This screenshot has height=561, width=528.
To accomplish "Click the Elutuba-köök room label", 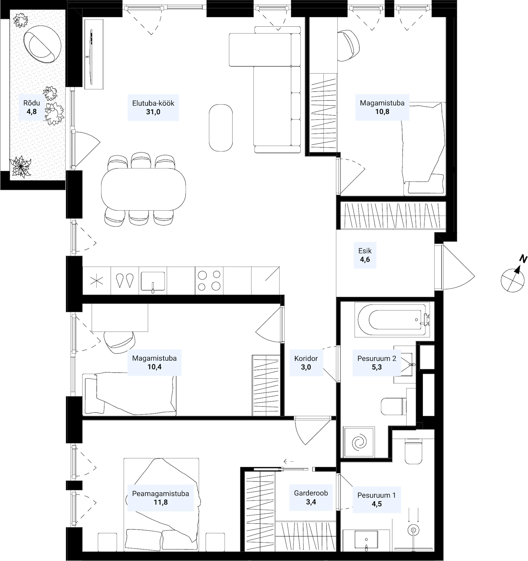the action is click(x=153, y=103).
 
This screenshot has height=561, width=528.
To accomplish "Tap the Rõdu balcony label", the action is click(x=32, y=103).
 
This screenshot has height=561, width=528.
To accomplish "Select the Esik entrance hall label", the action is click(x=365, y=251).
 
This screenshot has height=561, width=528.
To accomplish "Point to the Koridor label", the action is click(x=306, y=358).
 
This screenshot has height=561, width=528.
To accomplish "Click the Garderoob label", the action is click(x=311, y=493).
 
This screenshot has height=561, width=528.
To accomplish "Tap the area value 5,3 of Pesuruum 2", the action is click(x=377, y=367).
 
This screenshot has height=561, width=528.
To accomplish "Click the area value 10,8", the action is click(x=382, y=112).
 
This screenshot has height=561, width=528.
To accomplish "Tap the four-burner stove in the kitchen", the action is click(x=209, y=280).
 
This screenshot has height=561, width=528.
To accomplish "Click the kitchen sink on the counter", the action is click(x=153, y=282).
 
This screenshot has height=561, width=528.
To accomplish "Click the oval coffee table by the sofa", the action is click(x=221, y=128).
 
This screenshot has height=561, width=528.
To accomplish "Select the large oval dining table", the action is click(x=144, y=189).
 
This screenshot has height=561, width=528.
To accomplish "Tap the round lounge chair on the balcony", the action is click(x=42, y=44).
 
